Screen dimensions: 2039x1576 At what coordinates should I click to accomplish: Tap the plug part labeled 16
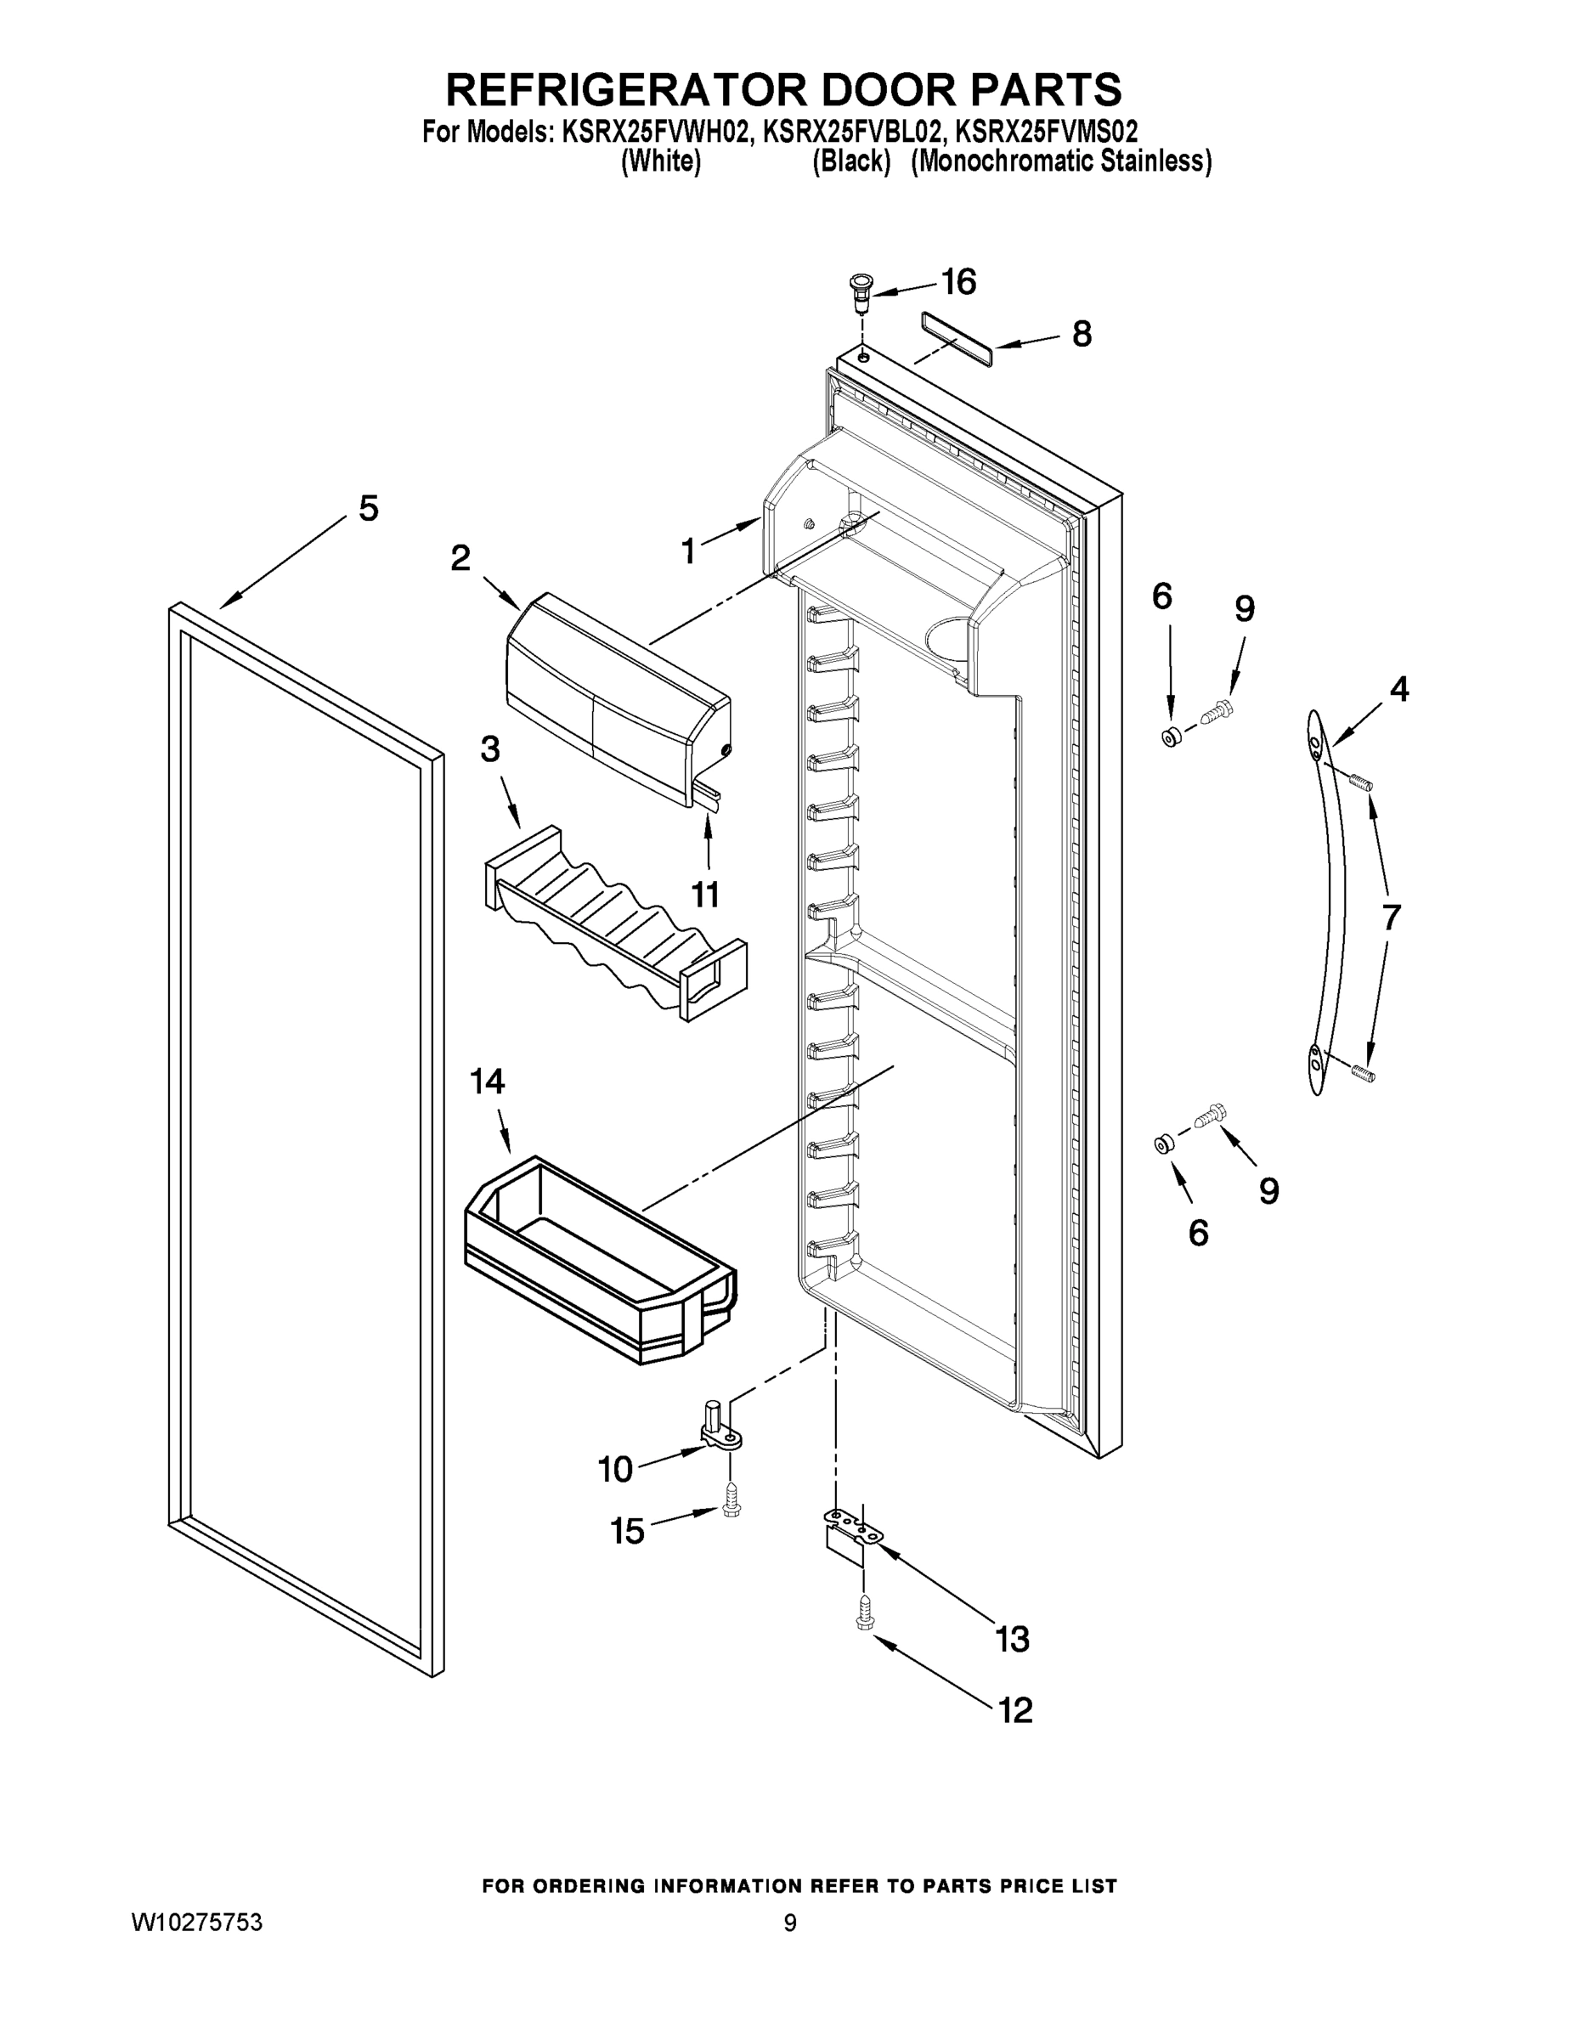pyautogui.click(x=859, y=291)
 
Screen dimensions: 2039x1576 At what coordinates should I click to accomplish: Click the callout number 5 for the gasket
pyautogui.click(x=369, y=509)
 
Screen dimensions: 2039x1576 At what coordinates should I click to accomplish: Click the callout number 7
pyautogui.click(x=1391, y=918)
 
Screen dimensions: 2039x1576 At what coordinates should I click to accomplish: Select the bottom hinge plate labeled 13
pyautogui.click(x=851, y=1529)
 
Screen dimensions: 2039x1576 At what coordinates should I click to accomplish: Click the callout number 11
pyautogui.click(x=705, y=895)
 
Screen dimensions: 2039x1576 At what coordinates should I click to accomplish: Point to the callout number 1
pyautogui.click(x=688, y=551)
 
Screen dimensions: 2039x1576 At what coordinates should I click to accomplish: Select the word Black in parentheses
pyautogui.click(x=850, y=161)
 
